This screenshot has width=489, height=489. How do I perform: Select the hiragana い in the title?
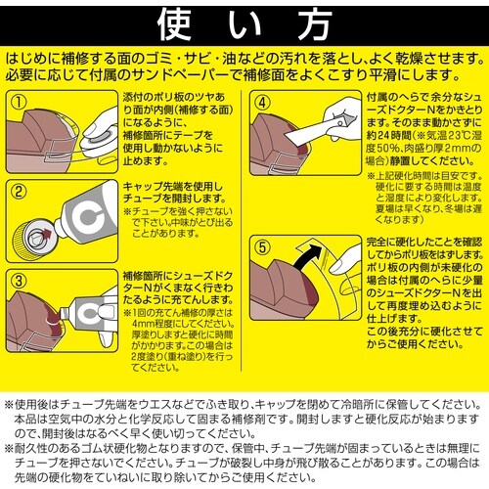click(244, 21)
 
